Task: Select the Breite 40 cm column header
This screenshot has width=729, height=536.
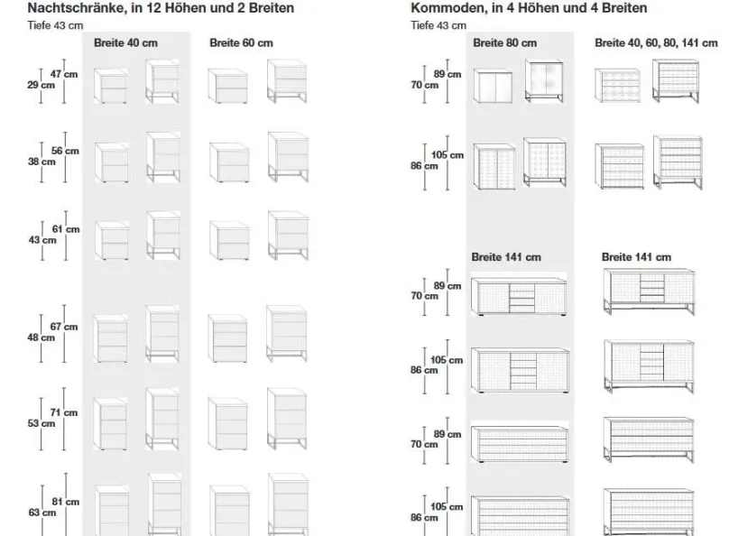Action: point(125,42)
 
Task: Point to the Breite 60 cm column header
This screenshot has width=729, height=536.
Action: point(241,42)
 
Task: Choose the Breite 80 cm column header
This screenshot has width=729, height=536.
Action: point(504,42)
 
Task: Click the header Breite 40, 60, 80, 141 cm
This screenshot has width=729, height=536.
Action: point(656,42)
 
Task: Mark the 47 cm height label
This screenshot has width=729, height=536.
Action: point(64,74)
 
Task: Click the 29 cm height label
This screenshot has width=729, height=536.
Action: point(41,85)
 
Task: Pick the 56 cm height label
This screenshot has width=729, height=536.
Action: point(65,151)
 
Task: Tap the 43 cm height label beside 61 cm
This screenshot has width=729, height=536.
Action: point(42,240)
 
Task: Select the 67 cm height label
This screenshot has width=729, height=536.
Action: point(64,327)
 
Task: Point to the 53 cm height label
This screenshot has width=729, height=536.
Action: point(41,423)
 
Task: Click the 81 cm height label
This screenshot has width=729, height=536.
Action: point(66,502)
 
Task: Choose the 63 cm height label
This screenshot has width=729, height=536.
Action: point(42,513)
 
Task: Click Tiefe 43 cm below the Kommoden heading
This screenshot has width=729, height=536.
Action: point(438,25)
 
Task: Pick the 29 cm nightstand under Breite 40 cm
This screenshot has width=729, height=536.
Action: point(111,86)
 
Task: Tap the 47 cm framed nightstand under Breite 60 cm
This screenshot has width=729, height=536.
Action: point(287,81)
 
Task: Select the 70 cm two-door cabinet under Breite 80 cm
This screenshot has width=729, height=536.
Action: point(493,86)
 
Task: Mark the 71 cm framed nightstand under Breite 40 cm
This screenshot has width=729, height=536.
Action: point(162,419)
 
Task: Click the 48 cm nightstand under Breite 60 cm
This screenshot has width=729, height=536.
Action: point(227,338)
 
